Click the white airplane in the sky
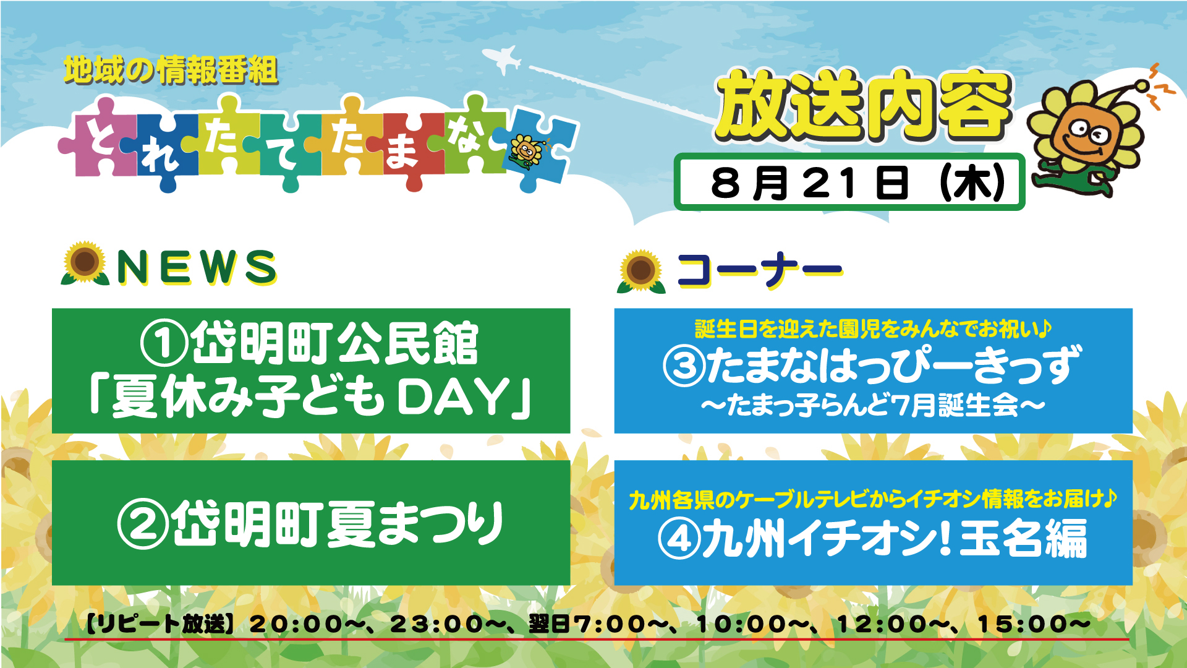pyautogui.click(x=502, y=59)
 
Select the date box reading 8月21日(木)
pyautogui.click(x=849, y=182)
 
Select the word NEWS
pyautogui.click(x=197, y=267)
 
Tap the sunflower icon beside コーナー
pyautogui.click(x=641, y=271)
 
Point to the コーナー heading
pyautogui.click(x=760, y=270)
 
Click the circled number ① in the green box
pyautogui.click(x=164, y=344)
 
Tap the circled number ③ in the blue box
pyautogui.click(x=684, y=366)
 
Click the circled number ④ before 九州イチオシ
pyautogui.click(x=679, y=539)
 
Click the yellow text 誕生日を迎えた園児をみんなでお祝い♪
pyautogui.click(x=873, y=328)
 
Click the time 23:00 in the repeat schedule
pyautogui.click(x=436, y=624)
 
